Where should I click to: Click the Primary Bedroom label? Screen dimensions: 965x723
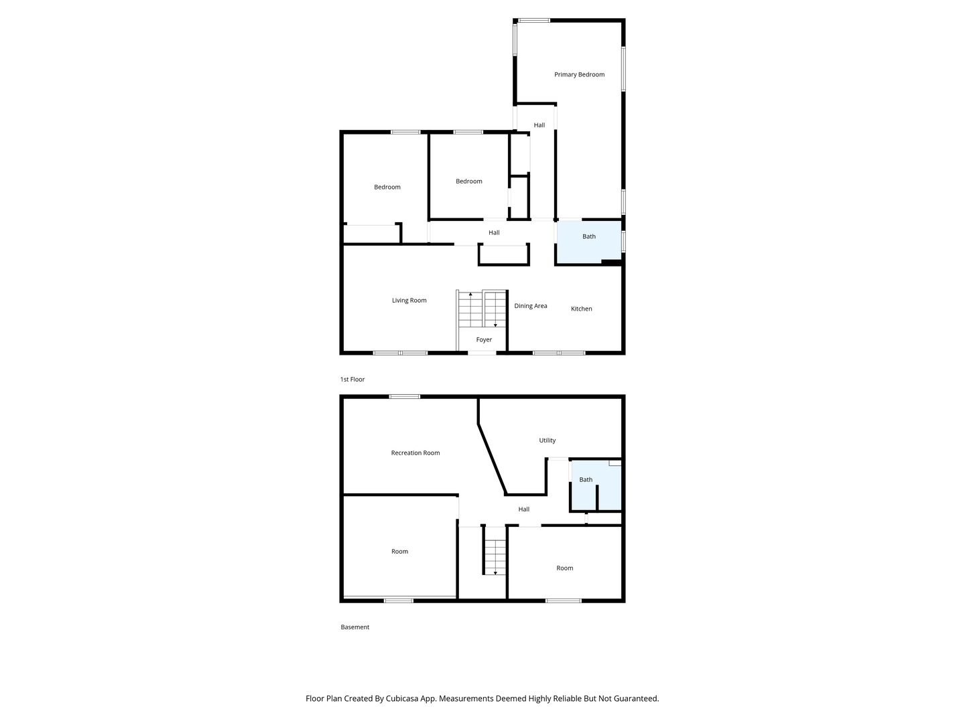(x=579, y=74)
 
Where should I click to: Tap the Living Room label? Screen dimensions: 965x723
(x=409, y=301)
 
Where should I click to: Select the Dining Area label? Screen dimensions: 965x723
(x=531, y=305)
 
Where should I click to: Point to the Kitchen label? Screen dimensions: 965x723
(x=581, y=309)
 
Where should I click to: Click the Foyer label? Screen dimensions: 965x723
(x=484, y=339)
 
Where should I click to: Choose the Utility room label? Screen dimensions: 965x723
(x=548, y=440)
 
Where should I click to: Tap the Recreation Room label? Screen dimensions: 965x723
(x=415, y=453)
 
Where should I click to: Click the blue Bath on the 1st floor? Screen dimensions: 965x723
(x=589, y=242)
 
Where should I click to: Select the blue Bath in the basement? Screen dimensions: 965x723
(x=596, y=485)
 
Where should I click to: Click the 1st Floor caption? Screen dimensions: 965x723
(x=352, y=380)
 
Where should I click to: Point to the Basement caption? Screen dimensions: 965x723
(x=355, y=627)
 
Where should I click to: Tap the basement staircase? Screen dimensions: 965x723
(x=495, y=556)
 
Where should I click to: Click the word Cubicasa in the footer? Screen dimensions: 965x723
(x=402, y=698)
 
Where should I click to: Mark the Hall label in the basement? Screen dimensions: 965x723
(x=523, y=509)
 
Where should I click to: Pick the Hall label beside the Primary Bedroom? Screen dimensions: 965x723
(x=539, y=125)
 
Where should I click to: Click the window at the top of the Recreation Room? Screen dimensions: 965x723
(x=405, y=397)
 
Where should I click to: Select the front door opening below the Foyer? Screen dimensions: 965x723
(x=482, y=353)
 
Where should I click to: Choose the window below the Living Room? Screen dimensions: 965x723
(x=400, y=353)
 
